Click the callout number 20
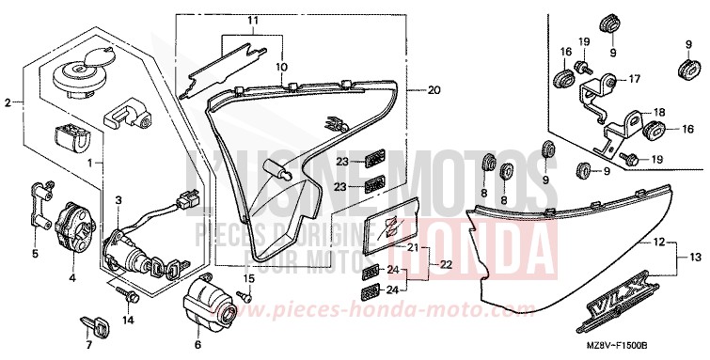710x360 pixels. [433, 91]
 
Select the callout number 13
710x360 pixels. [695, 257]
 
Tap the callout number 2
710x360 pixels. [8, 102]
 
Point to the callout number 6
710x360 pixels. [197, 331]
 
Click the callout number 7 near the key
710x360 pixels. [89, 345]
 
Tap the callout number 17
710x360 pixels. [634, 79]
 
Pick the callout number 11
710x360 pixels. [251, 21]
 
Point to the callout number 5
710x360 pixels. [36, 254]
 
